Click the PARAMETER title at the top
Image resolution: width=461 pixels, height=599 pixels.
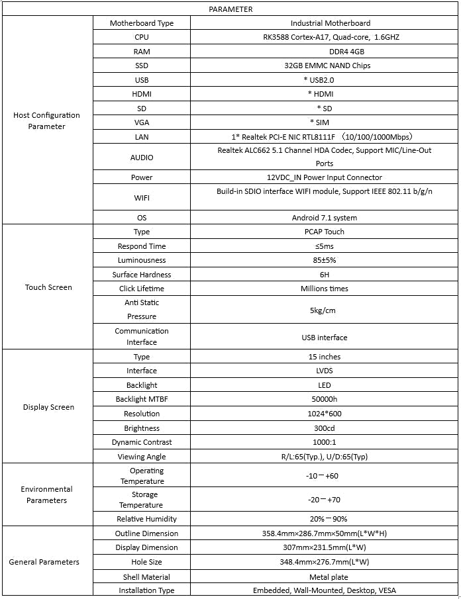point(230,9)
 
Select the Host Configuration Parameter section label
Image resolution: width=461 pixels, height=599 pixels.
point(46,120)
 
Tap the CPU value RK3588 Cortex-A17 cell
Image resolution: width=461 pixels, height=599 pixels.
point(324,37)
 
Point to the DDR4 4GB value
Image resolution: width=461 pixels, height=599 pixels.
point(324,52)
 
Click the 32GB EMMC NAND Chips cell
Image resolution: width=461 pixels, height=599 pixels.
point(324,66)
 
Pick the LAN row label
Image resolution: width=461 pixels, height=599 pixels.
point(142,137)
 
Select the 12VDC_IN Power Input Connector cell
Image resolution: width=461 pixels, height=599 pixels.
point(324,177)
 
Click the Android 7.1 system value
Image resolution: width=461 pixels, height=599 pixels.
point(324,218)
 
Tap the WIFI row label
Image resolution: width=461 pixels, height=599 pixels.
point(142,197)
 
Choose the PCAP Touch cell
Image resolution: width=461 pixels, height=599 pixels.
point(324,232)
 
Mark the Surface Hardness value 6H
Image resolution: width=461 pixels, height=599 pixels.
point(324,275)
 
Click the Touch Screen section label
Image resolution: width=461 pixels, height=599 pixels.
point(48,287)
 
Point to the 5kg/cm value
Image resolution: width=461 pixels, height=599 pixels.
point(324,310)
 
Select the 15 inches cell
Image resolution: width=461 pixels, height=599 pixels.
point(324,357)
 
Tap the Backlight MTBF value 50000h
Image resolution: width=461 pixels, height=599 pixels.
point(324,399)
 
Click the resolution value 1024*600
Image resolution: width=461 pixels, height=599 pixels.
point(324,414)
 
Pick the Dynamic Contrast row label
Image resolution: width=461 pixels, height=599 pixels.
point(142,442)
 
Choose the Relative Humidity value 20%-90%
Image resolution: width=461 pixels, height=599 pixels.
point(324,519)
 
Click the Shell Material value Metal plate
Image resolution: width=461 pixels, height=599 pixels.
point(324,577)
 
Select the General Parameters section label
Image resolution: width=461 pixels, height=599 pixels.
point(44,562)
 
